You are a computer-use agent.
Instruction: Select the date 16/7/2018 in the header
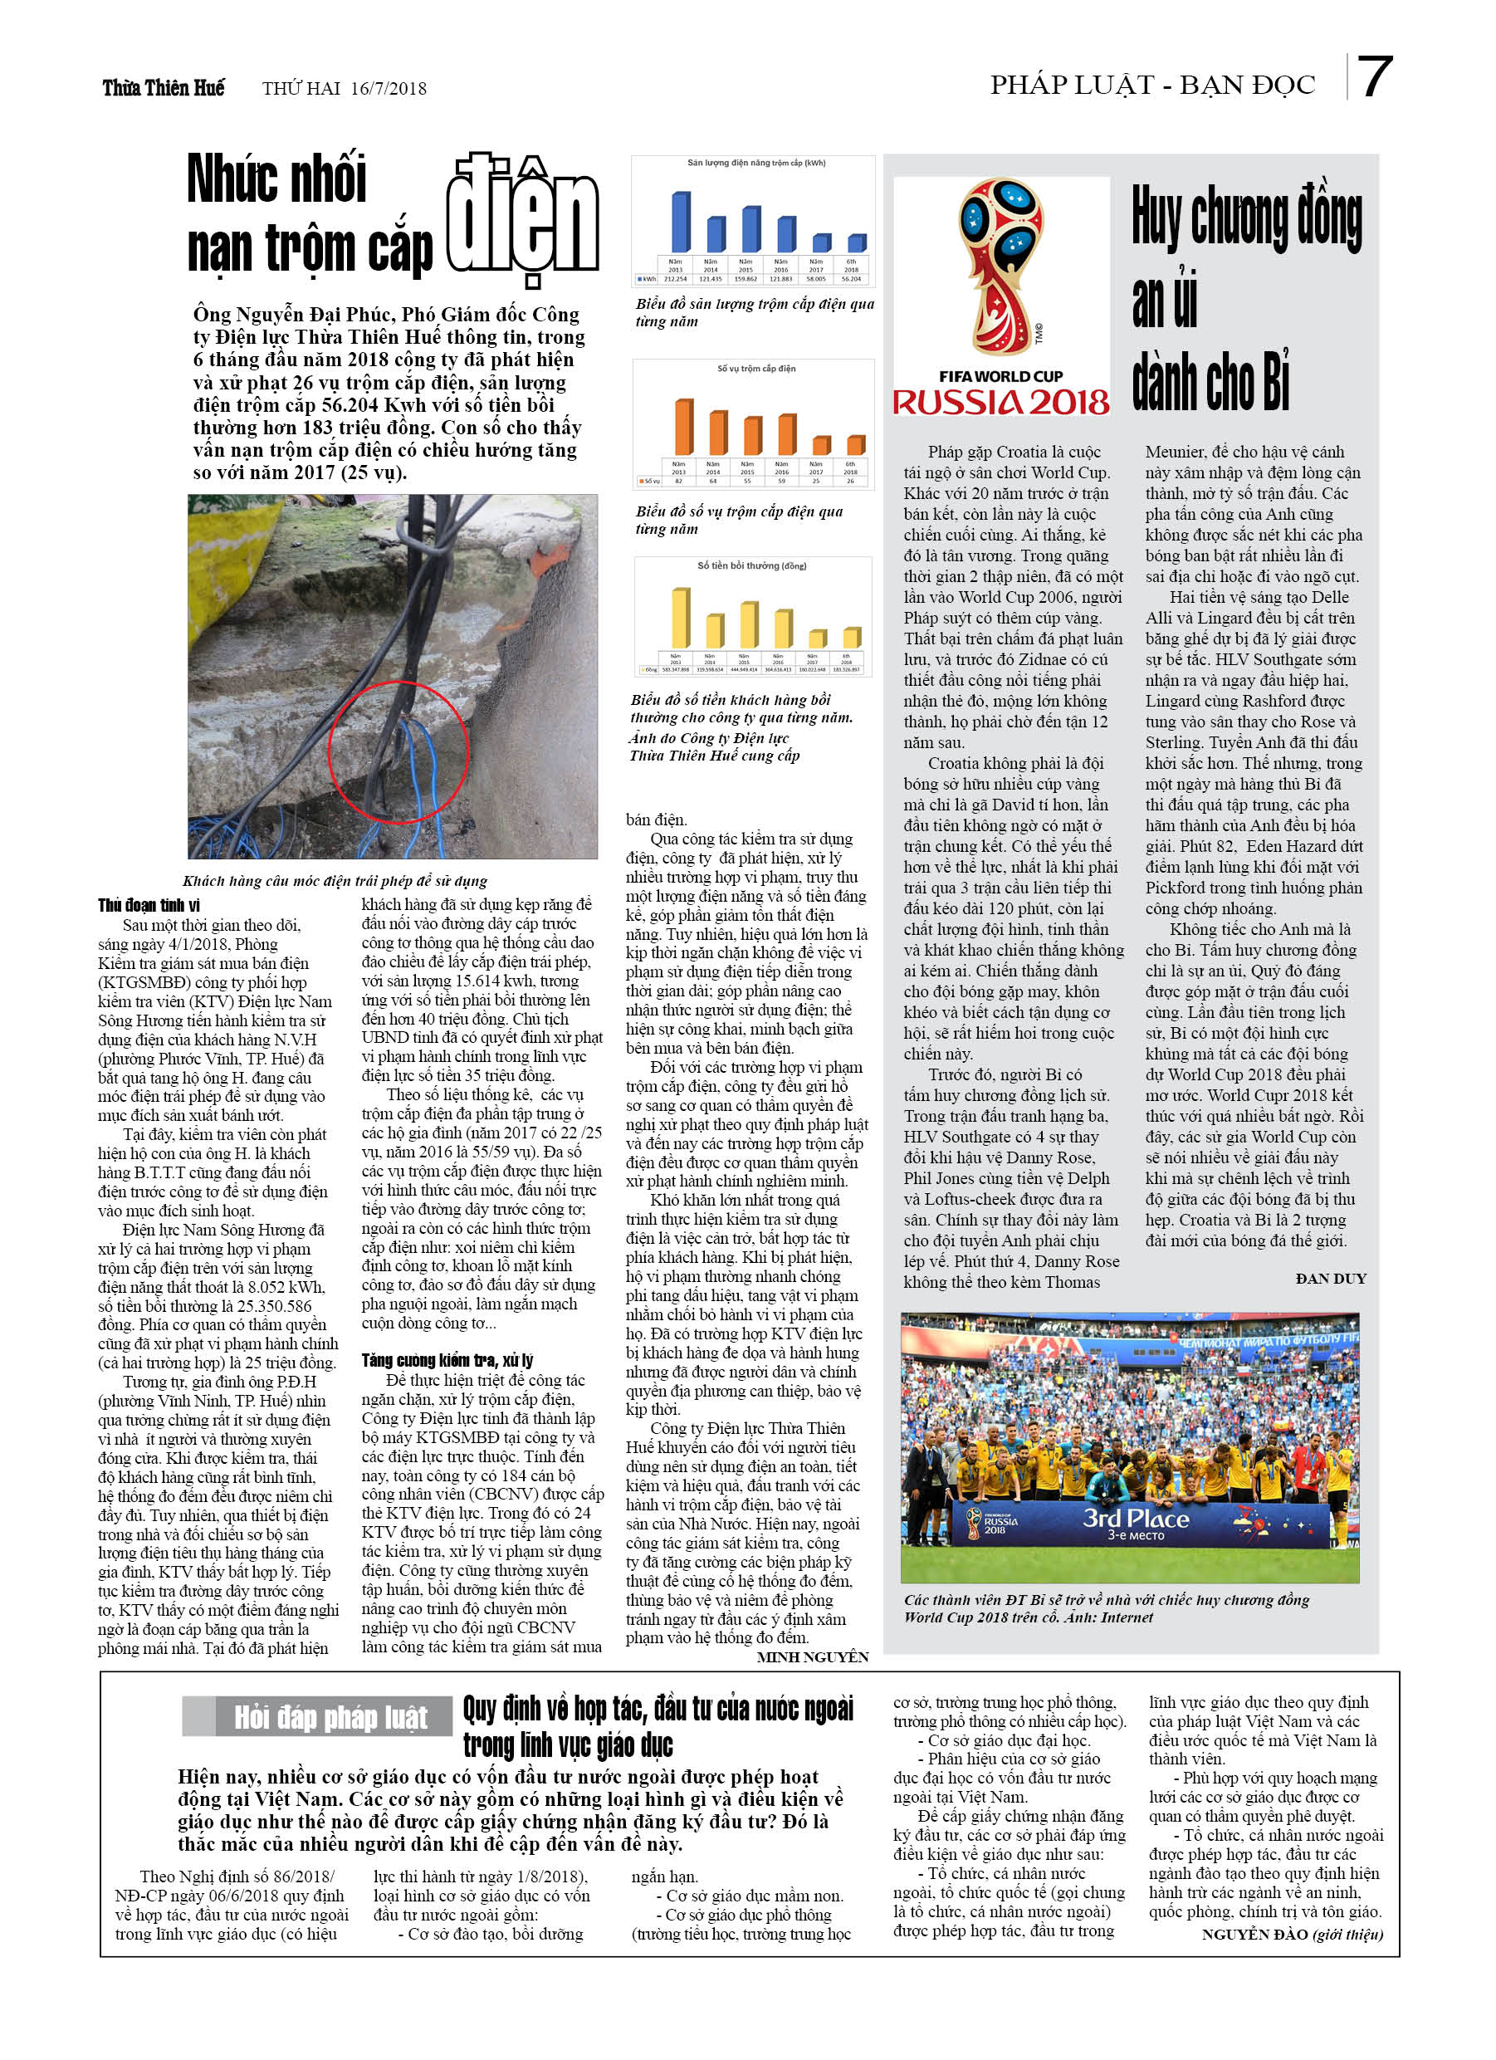click(x=388, y=89)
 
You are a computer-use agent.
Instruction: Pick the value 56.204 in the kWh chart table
click(x=851, y=279)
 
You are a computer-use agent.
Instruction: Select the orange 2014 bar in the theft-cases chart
click(x=717, y=433)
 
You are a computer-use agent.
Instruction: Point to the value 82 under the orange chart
click(x=678, y=482)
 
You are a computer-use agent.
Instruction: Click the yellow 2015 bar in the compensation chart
click(x=750, y=625)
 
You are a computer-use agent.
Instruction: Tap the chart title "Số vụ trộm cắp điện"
click(x=755, y=369)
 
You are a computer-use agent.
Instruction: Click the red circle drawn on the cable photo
click(x=398, y=752)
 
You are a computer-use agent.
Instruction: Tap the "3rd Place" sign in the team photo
click(x=1136, y=1518)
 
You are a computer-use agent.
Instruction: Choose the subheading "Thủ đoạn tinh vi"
click(x=149, y=906)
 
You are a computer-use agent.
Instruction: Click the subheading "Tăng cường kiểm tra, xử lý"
click(x=447, y=1361)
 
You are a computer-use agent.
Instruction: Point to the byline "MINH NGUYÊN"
click(x=812, y=1656)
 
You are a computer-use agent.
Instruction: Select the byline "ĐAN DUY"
click(x=1330, y=1279)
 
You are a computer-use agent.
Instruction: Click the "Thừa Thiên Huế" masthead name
click(x=163, y=88)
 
